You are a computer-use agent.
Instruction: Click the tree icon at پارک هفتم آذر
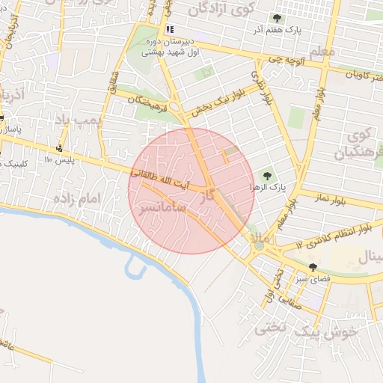click(278, 19)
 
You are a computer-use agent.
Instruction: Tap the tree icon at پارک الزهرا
click(266, 176)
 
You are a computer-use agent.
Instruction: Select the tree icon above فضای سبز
click(313, 266)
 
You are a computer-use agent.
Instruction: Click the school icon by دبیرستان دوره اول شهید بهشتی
click(171, 30)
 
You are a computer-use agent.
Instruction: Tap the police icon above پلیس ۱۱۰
click(60, 147)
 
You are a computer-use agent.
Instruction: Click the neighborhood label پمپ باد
click(77, 120)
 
